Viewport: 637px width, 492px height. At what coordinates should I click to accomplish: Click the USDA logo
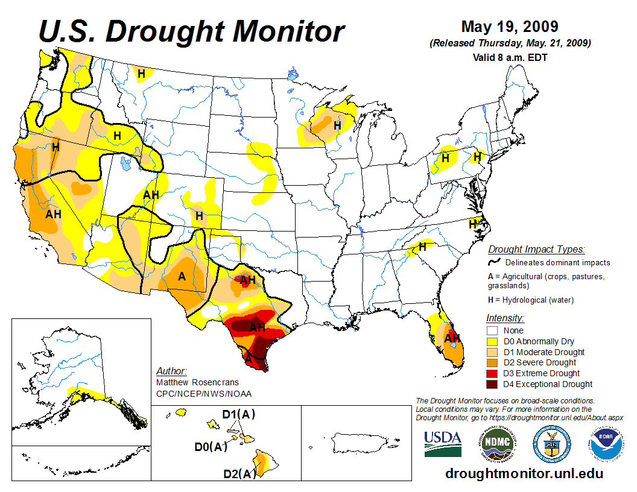[443, 444]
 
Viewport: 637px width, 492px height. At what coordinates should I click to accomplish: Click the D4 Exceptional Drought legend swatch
[492, 384]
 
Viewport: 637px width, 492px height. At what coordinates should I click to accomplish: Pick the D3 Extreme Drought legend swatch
[492, 373]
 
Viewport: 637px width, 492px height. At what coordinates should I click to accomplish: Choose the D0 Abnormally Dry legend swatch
[492, 341]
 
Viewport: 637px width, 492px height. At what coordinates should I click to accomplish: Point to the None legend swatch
[492, 330]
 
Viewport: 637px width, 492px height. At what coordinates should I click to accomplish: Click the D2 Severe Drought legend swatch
[492, 362]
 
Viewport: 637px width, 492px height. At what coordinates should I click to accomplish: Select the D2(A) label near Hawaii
[239, 474]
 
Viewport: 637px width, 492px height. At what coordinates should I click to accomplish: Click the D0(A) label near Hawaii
[211, 447]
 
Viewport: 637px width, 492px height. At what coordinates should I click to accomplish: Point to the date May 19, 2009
[509, 27]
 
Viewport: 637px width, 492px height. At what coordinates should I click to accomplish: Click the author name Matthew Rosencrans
[197, 382]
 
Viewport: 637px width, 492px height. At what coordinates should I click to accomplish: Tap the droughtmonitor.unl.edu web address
[524, 473]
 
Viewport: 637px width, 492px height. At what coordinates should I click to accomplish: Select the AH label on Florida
[452, 338]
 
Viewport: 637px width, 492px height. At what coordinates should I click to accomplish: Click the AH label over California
[54, 213]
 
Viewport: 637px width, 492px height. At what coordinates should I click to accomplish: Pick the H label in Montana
[141, 74]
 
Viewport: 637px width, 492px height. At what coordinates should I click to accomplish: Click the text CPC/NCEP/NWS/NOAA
[203, 394]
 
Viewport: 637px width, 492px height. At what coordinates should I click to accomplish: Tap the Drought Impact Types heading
[536, 250]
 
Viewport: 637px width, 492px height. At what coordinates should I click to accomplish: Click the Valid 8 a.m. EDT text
[510, 57]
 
